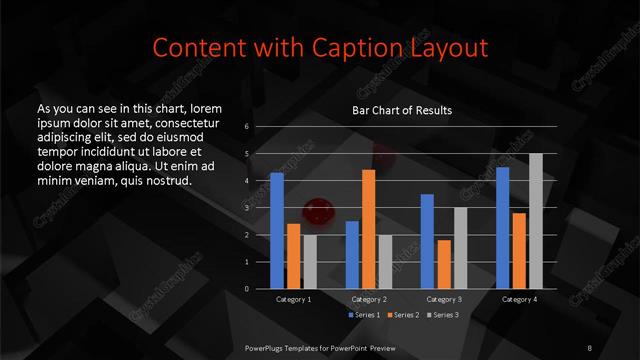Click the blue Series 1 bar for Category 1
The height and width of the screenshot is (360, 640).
(x=277, y=231)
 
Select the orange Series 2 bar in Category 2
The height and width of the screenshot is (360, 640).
(x=368, y=229)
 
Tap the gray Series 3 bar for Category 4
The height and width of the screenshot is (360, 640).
(x=535, y=221)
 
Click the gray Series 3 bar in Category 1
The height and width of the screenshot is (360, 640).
(x=310, y=262)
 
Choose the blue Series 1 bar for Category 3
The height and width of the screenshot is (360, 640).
(x=427, y=241)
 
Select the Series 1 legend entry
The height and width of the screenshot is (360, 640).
(x=364, y=316)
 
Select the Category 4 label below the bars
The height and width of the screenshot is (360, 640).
(x=519, y=299)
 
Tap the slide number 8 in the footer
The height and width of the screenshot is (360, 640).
(x=590, y=347)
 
